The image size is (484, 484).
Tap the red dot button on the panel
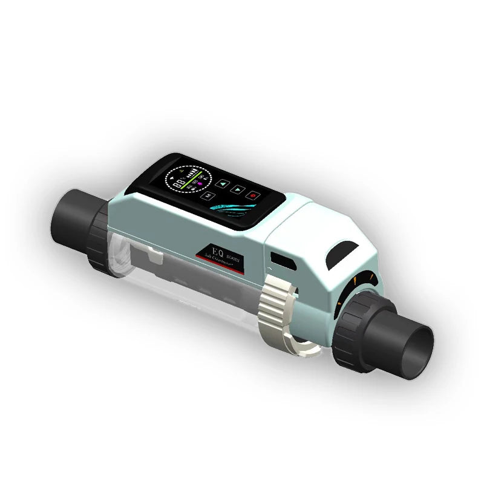point(253,195)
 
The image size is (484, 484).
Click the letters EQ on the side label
point(215,249)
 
